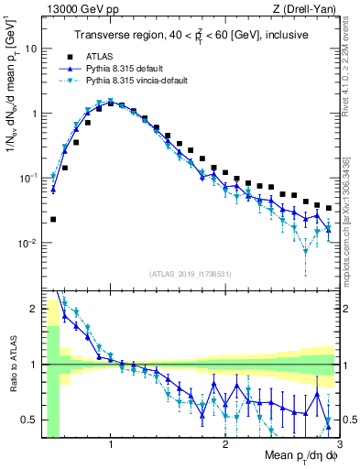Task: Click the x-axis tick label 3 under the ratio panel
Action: [338, 446]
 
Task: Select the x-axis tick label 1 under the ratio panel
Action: [111, 446]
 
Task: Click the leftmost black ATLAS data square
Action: [53, 220]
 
